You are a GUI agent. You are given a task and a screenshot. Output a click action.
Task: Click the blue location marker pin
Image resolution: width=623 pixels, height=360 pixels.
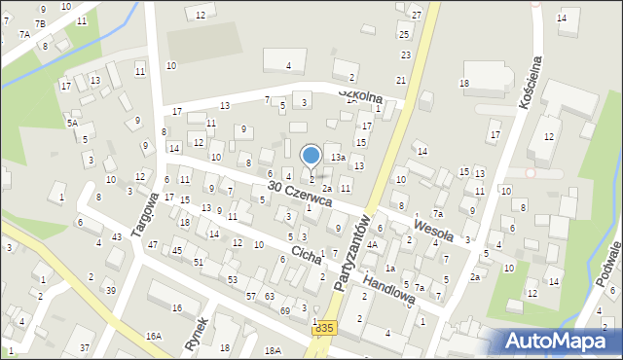click(x=311, y=156)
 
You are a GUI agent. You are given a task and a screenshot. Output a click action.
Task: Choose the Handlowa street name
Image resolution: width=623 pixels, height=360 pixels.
click(x=390, y=287)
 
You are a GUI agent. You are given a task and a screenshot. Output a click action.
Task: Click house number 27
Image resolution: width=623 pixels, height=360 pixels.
click(x=416, y=15)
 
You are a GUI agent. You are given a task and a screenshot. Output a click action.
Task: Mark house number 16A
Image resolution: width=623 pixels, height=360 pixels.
click(x=154, y=336)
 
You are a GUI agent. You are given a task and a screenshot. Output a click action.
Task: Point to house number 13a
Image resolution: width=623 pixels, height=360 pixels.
click(x=337, y=157)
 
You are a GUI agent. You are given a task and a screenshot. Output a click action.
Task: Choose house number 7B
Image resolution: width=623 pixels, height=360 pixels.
click(x=40, y=23)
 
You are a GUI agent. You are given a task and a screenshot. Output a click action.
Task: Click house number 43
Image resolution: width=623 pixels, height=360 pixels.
click(x=117, y=237)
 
